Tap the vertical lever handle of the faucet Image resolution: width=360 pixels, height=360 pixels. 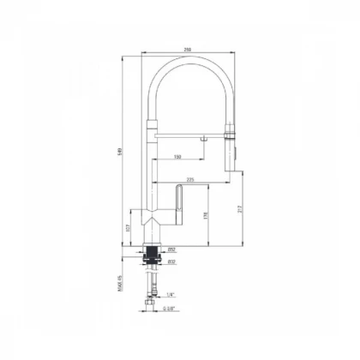coord(178,206)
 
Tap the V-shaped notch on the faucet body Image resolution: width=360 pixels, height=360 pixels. coord(152,221)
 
